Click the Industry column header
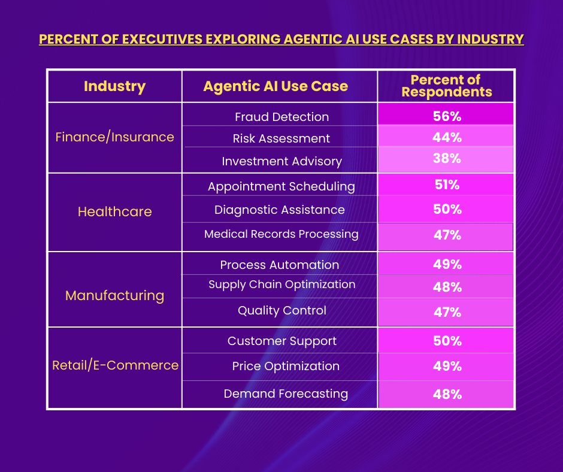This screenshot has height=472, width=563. pos(114,86)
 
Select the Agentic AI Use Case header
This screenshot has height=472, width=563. pos(276,86)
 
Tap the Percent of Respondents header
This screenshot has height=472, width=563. pos(446,86)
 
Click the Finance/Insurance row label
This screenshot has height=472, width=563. pos(114,137)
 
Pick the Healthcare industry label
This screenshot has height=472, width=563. pos(114,211)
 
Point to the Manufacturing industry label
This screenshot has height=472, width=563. pos(114,295)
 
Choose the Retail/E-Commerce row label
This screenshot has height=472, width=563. pos(115,365)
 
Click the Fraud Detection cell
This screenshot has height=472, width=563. pos(281,117)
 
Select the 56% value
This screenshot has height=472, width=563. pos(447,116)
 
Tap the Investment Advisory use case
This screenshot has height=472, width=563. pos(281,162)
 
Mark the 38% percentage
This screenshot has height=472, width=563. pos(447,159)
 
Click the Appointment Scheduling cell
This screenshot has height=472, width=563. pos(281,186)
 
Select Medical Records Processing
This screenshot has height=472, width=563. pos(281,234)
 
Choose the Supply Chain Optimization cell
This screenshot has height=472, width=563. pos(281,285)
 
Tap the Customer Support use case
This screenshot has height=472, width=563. pos(281,341)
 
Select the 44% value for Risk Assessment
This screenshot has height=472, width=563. pos(447,137)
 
